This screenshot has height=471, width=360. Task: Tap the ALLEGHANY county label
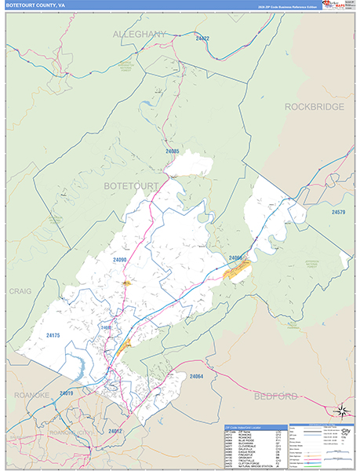[140, 35]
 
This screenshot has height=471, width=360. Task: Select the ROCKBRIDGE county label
[314, 106]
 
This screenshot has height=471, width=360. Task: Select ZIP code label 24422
[202, 38]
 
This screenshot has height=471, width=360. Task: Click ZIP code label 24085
[173, 151]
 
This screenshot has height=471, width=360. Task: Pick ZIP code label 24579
[338, 212]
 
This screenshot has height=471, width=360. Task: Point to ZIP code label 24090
[119, 258]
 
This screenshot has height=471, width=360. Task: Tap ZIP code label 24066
[236, 257]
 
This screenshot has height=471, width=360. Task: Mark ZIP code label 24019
[66, 392]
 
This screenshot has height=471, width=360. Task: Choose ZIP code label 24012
[115, 431]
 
